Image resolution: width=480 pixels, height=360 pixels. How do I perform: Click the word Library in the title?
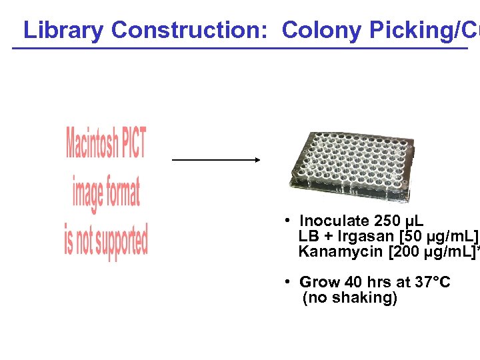pyautogui.click(x=63, y=30)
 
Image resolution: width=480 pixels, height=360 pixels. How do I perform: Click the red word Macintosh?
pyautogui.click(x=93, y=143)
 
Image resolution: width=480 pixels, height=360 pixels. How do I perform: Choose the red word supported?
pyautogui.click(x=119, y=241)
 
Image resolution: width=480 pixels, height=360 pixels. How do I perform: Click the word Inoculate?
pyautogui.click(x=332, y=221)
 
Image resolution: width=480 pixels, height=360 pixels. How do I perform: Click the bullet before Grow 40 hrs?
pyautogui.click(x=285, y=282)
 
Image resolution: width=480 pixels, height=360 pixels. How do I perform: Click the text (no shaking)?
pyautogui.click(x=349, y=298)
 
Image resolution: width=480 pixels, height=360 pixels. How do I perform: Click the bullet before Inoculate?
pyautogui.click(x=285, y=220)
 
